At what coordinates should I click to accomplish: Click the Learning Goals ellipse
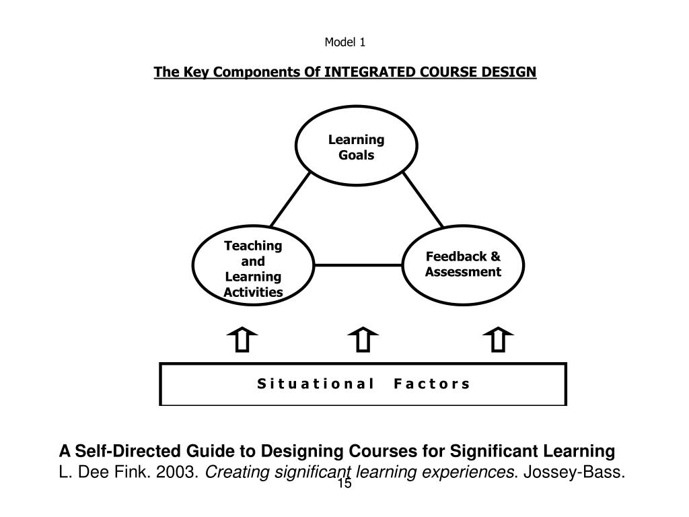pyautogui.click(x=356, y=147)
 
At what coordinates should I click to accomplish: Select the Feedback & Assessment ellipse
pyautogui.click(x=464, y=265)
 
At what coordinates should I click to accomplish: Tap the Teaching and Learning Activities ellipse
pyautogui.click(x=253, y=268)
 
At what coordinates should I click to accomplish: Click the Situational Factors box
pyautogui.click(x=363, y=384)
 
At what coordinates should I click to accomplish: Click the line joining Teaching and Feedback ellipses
pyautogui.click(x=359, y=265)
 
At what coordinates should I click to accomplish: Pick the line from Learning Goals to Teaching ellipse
pyautogui.click(x=291, y=199)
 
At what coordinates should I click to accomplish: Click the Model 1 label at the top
pyautogui.click(x=344, y=43)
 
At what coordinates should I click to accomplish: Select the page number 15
pyautogui.click(x=344, y=485)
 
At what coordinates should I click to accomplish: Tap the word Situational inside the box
pyautogui.click(x=316, y=384)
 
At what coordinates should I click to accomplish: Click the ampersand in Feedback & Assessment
pyautogui.click(x=496, y=256)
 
